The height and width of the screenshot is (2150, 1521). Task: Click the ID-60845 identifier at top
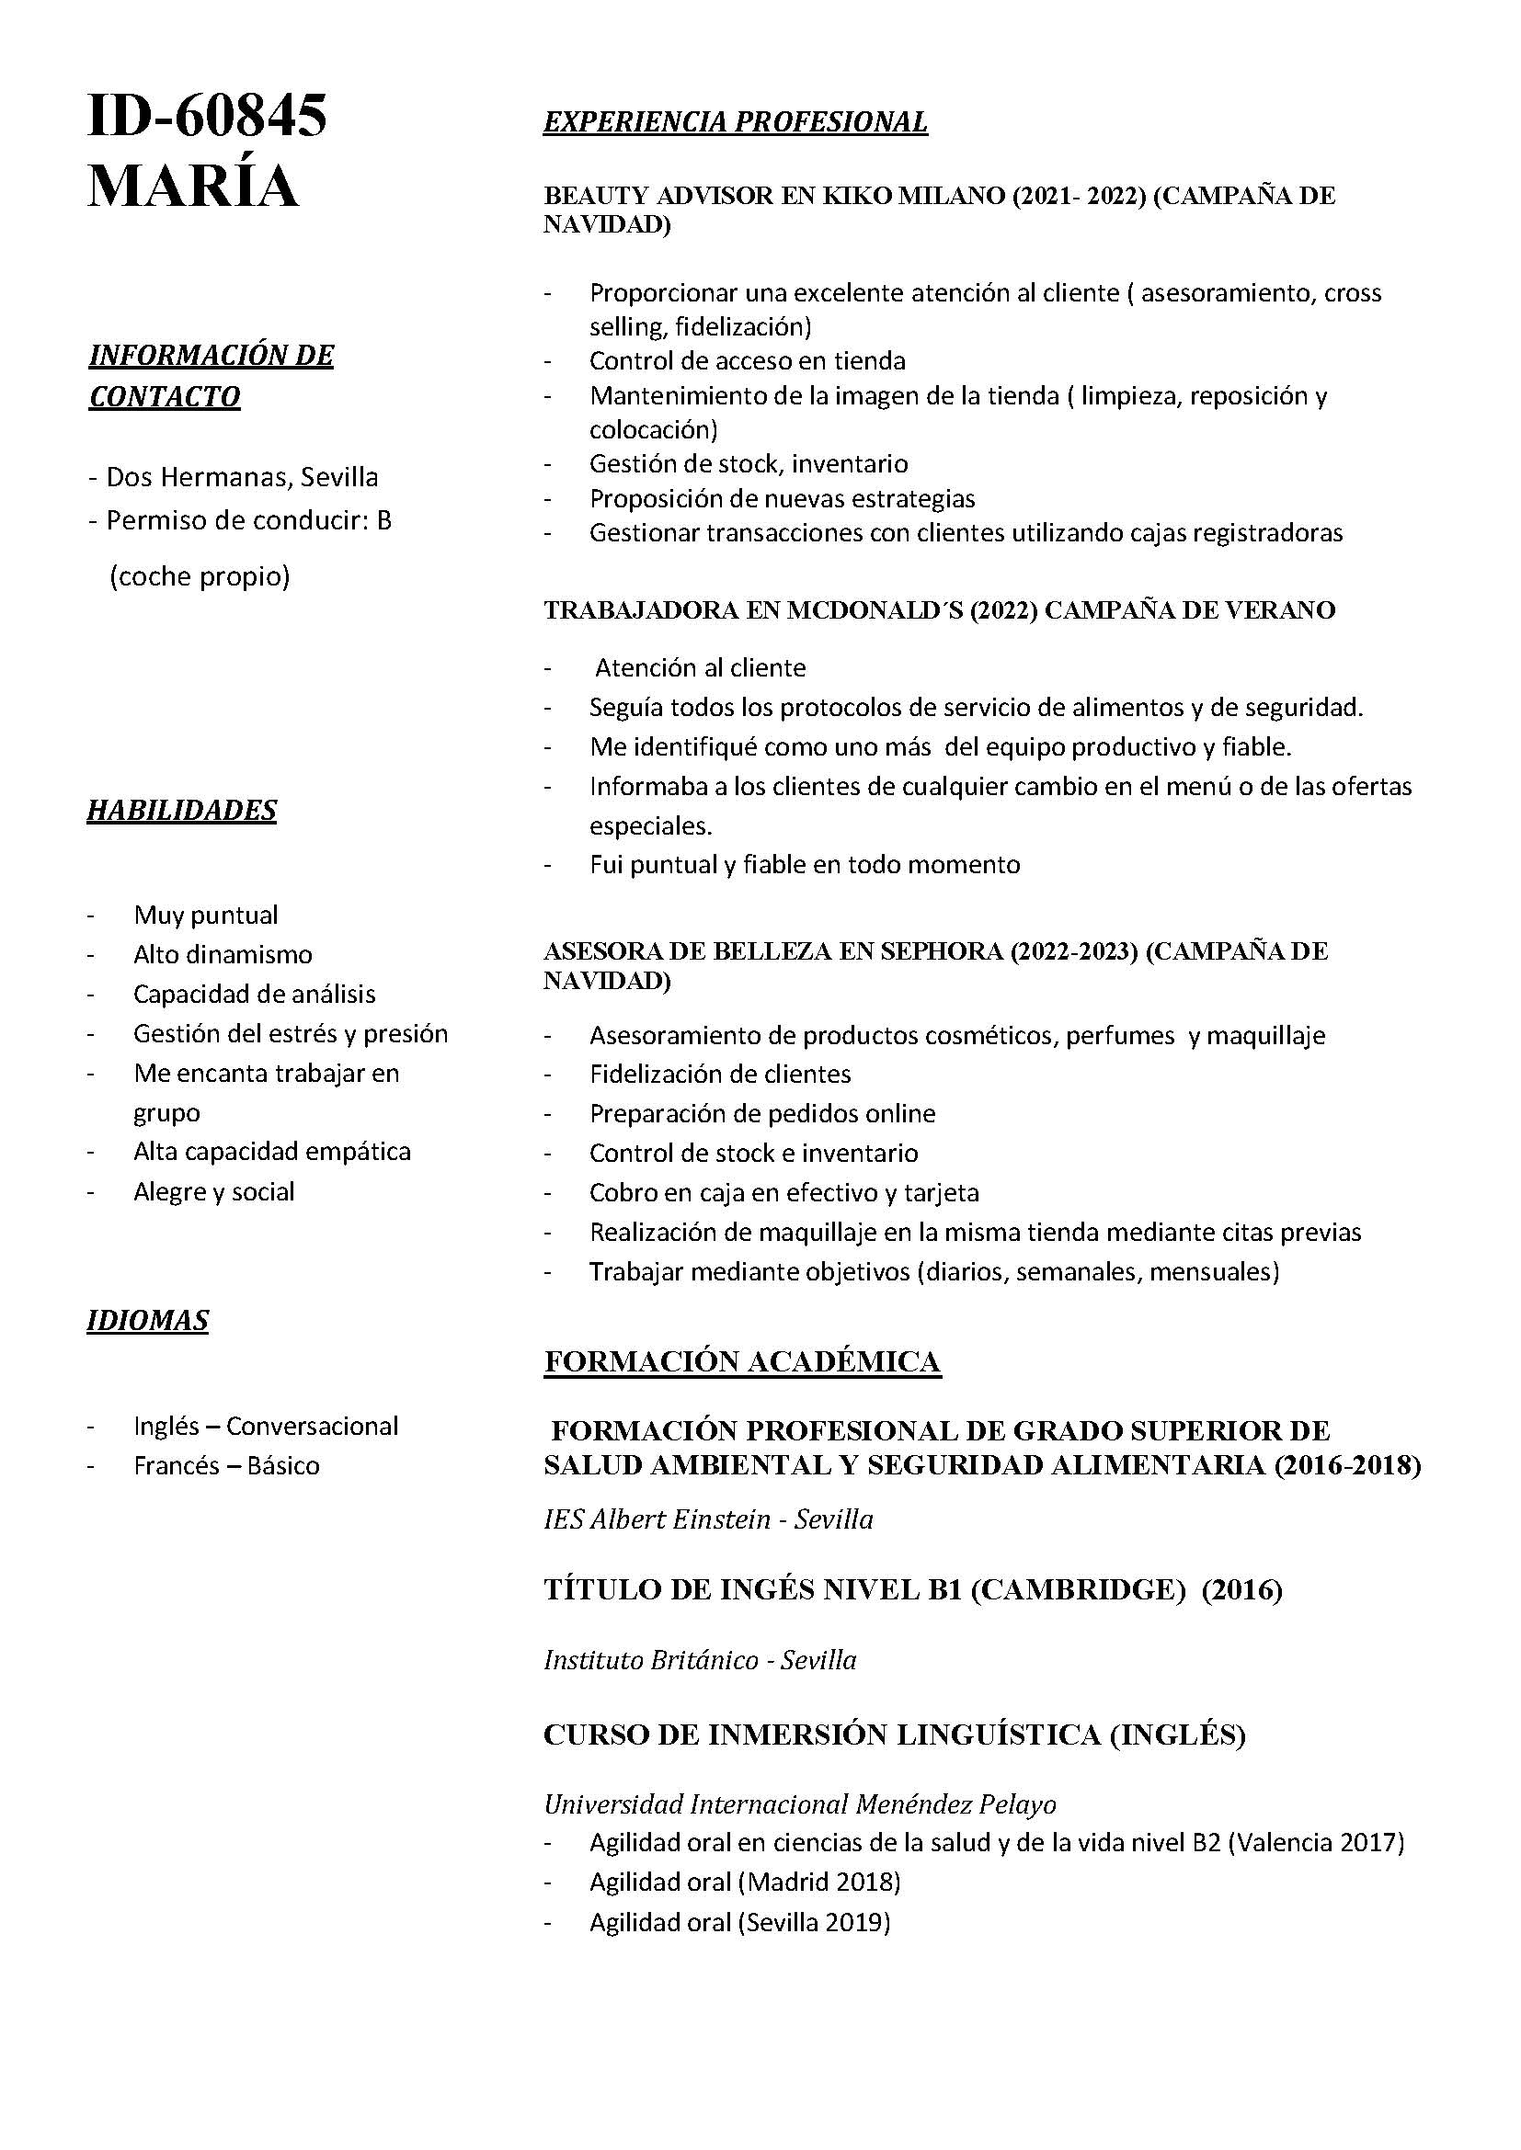[x=207, y=117]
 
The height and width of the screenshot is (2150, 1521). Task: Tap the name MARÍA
[x=193, y=187]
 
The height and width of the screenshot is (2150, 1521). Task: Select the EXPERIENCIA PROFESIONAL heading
[x=736, y=121]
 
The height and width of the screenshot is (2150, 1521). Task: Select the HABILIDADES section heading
[x=182, y=810]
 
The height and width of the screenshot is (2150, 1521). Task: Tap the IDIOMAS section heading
[x=148, y=1320]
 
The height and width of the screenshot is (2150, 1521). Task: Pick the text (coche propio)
[x=200, y=576]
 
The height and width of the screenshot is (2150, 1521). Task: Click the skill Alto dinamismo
[x=223, y=954]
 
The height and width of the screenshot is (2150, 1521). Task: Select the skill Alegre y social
[x=213, y=1191]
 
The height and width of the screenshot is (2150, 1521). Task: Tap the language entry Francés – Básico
[x=226, y=1465]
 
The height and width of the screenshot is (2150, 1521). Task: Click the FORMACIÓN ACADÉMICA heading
[x=742, y=1361]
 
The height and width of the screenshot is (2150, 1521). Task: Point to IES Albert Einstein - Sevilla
[x=708, y=1519]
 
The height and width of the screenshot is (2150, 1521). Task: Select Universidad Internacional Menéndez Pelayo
[x=800, y=1803]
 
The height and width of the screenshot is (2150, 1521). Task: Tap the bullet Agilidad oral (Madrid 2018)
[x=745, y=1882]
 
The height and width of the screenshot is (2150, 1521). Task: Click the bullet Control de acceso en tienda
[x=747, y=360]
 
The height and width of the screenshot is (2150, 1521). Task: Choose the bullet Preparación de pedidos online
[x=762, y=1113]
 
